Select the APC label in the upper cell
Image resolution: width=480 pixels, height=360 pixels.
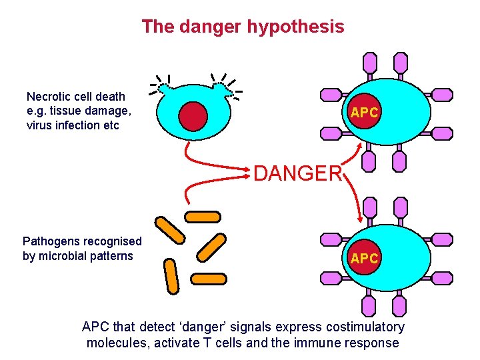365,113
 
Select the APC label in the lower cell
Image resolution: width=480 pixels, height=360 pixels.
365,259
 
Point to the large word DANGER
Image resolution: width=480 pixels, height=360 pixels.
297,174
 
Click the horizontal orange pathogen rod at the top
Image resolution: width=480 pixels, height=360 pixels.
202,216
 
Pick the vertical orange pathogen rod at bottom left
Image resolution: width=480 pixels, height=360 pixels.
171,277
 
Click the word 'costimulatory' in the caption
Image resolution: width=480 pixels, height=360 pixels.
365,327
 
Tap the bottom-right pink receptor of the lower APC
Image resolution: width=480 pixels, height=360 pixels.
399,306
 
